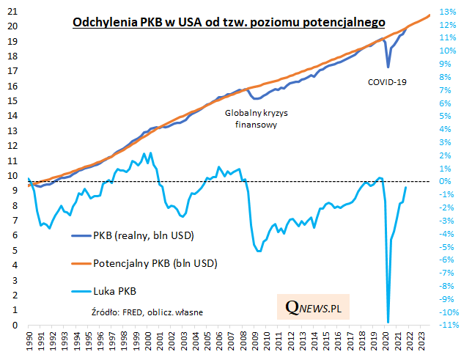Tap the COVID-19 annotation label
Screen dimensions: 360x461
tap(387, 81)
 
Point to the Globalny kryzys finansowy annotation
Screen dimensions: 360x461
tap(251, 119)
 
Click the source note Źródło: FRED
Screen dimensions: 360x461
tap(146, 312)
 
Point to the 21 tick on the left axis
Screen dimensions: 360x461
tap(12, 10)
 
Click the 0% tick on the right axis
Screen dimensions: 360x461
tap(446, 181)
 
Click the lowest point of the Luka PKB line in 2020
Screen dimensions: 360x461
tap(388, 322)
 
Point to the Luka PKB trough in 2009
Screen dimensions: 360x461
tap(259, 251)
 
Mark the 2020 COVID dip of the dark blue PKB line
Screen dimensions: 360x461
tap(388, 67)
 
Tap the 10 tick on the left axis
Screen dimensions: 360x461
tap(12, 175)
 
